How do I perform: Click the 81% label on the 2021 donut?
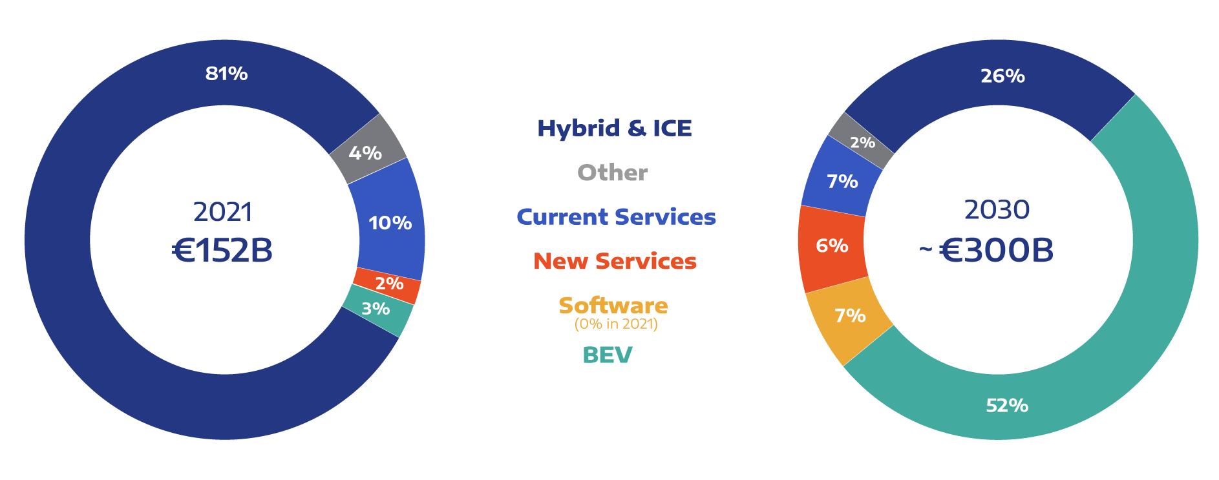226,74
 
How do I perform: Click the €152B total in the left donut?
222,251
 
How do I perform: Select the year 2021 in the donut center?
223,212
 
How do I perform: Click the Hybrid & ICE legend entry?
615,128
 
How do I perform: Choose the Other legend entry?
612,172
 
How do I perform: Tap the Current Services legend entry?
616,216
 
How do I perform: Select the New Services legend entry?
615,261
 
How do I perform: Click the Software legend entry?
613,305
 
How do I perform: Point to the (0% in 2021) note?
616,324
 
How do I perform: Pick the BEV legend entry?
608,355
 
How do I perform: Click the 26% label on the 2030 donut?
1002,76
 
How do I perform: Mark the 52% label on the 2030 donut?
1007,406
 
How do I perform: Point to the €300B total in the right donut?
995,251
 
